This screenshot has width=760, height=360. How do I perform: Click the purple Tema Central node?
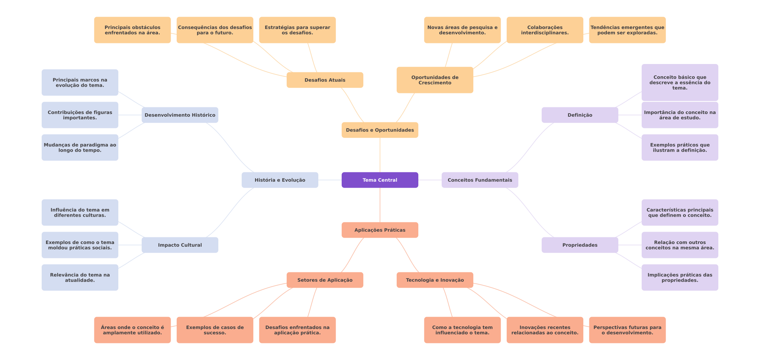[x=380, y=180]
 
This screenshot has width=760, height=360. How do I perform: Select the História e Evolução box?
[x=280, y=180]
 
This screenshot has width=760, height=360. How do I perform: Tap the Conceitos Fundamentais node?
[x=480, y=180]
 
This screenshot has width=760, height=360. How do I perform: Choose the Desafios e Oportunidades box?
[x=380, y=130]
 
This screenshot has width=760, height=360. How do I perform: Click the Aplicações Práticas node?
[x=380, y=230]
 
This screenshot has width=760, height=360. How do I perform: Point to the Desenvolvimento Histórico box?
[x=180, y=115]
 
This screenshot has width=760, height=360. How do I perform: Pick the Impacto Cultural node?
[x=180, y=245]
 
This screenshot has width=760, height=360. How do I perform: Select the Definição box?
[x=580, y=115]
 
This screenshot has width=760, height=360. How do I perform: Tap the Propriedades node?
[x=580, y=245]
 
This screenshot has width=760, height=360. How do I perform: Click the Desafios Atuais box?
[x=325, y=80]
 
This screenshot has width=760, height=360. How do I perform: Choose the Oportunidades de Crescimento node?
[x=435, y=80]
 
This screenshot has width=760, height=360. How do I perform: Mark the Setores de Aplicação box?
[x=325, y=280]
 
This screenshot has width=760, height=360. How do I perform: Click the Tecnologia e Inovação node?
[x=435, y=280]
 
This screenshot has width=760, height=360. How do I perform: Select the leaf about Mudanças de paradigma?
[x=80, y=147]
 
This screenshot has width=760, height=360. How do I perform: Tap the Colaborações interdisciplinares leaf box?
[x=545, y=30]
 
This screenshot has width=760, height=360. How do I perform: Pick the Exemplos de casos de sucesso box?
[x=215, y=330]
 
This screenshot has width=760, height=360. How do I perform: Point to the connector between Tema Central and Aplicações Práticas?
[x=380, y=205]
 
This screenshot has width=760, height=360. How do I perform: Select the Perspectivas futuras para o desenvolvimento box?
[x=627, y=330]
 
